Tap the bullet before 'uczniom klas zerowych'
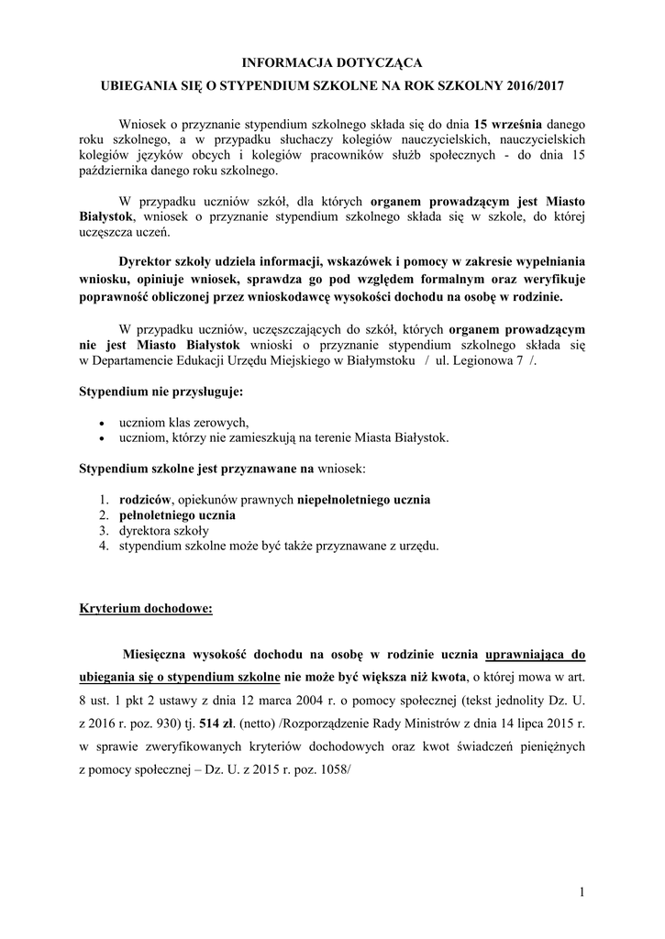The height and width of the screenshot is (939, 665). point(101,423)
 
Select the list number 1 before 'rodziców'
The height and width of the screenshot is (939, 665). point(105,500)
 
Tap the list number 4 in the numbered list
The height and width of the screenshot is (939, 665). point(105,547)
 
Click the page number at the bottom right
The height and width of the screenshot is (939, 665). point(582,892)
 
